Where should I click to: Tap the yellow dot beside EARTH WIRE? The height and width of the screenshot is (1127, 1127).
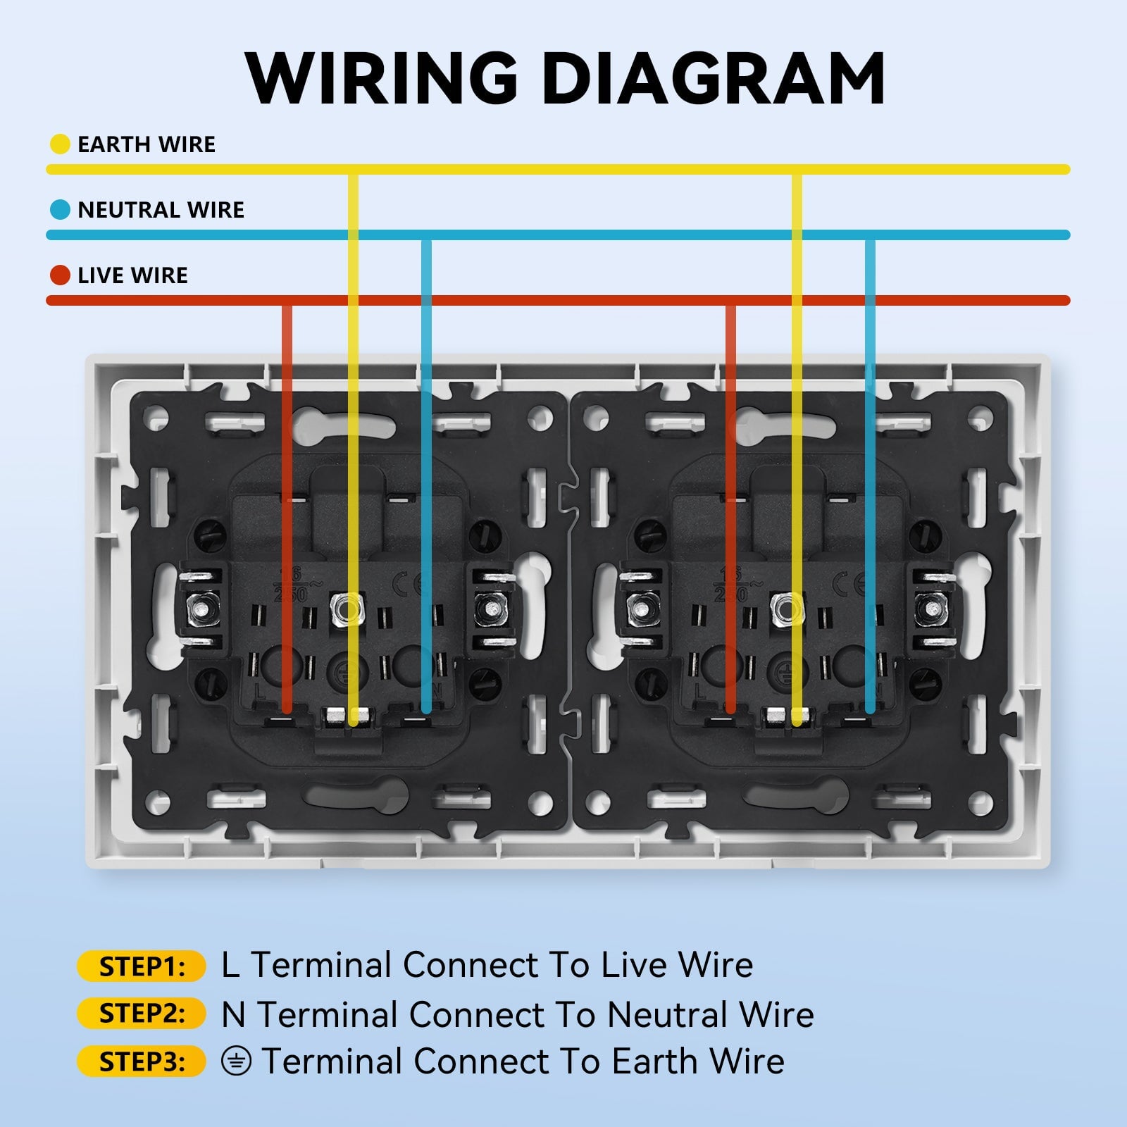pyautogui.click(x=60, y=144)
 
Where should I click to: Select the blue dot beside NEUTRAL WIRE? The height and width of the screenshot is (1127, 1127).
pyautogui.click(x=60, y=210)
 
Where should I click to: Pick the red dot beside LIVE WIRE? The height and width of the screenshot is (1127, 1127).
pyautogui.click(x=60, y=275)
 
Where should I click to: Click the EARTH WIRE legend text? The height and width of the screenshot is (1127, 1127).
pyautogui.click(x=147, y=144)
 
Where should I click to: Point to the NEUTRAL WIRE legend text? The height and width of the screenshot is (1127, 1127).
pyautogui.click(x=161, y=210)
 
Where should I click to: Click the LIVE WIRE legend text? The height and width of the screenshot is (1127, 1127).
pyautogui.click(x=132, y=275)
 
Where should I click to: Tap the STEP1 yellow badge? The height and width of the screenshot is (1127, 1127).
pyautogui.click(x=141, y=966)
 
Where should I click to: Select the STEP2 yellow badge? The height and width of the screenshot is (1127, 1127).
pyautogui.click(x=141, y=1014)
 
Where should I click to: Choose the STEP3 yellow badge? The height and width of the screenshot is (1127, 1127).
pyautogui.click(x=141, y=1061)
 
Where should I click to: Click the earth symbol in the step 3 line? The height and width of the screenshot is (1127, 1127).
pyautogui.click(x=236, y=1061)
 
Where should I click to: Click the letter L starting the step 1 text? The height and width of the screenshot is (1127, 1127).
pyautogui.click(x=230, y=966)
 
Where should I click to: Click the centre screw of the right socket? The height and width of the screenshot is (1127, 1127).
pyautogui.click(x=787, y=606)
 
